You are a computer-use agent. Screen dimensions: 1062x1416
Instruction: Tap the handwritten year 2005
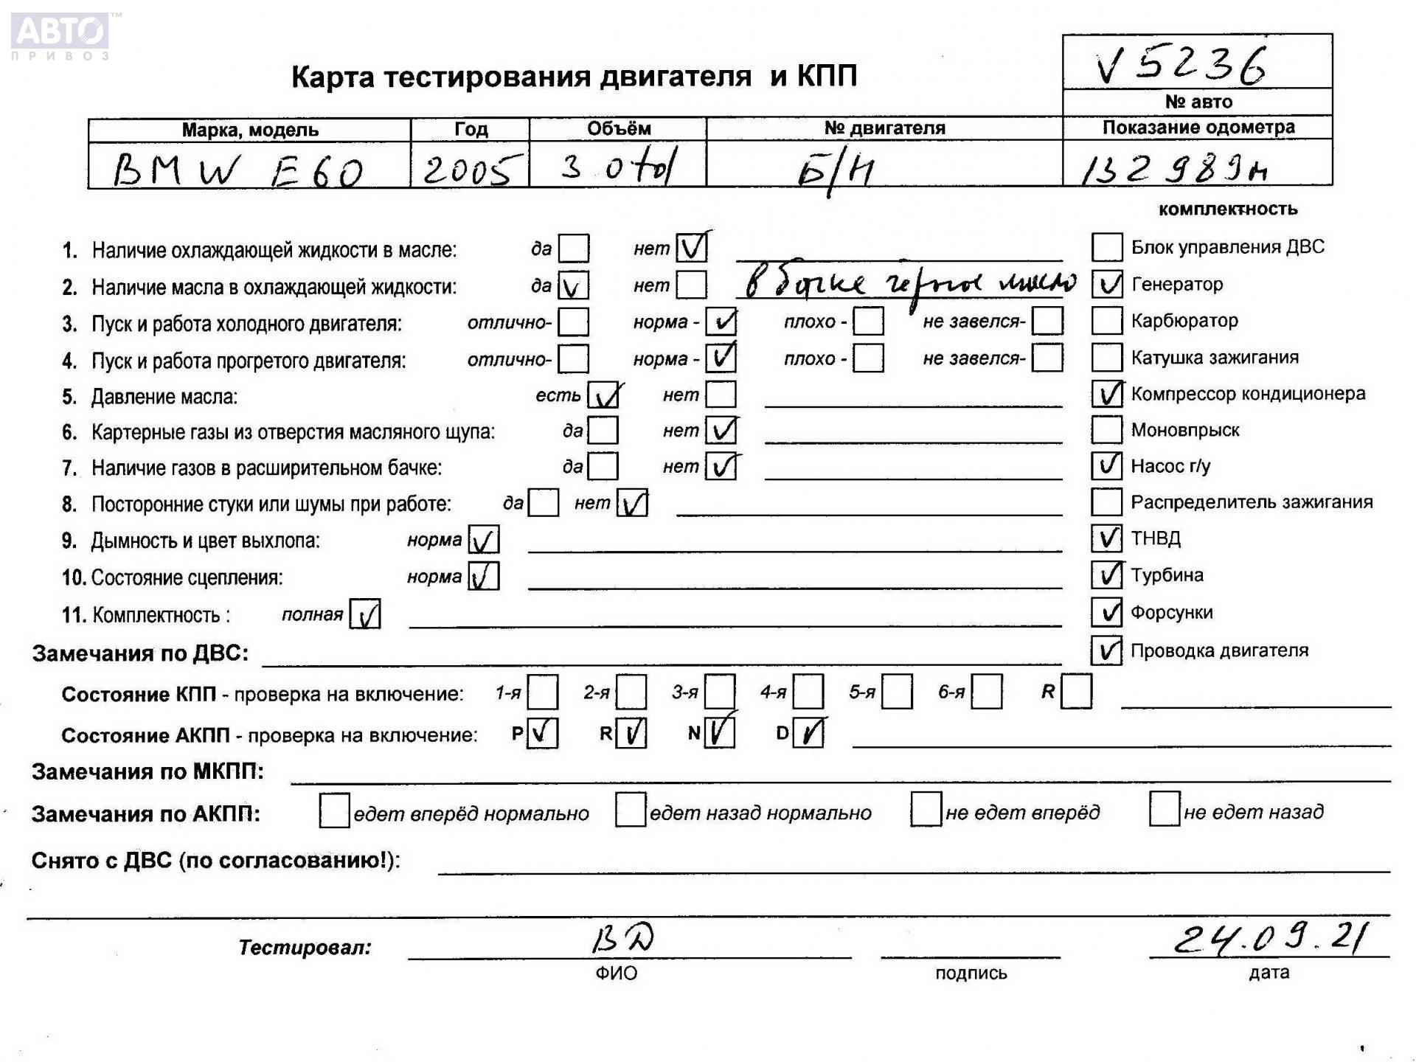[x=468, y=170]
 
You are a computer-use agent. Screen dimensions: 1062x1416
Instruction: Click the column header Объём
[x=618, y=129]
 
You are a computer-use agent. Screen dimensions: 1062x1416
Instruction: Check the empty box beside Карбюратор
[x=1106, y=321]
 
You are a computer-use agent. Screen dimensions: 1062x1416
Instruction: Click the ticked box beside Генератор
[x=1106, y=284]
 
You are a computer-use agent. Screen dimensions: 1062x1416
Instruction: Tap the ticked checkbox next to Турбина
[x=1106, y=575]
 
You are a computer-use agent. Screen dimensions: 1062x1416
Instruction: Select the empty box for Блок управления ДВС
[x=1106, y=247]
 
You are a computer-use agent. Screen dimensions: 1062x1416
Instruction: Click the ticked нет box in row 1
[x=691, y=248]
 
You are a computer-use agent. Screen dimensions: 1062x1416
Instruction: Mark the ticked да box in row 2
[x=573, y=285]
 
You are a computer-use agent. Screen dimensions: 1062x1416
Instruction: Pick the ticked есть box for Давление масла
[x=603, y=396]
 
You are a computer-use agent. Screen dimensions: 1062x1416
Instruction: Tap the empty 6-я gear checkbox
[x=986, y=693]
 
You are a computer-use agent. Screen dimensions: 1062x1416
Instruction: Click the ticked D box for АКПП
[x=808, y=733]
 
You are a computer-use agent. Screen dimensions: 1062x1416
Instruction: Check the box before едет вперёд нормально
[x=334, y=811]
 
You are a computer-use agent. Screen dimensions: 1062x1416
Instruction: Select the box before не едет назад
[x=1164, y=810]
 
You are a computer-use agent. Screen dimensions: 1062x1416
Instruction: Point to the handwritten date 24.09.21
[x=1268, y=940]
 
